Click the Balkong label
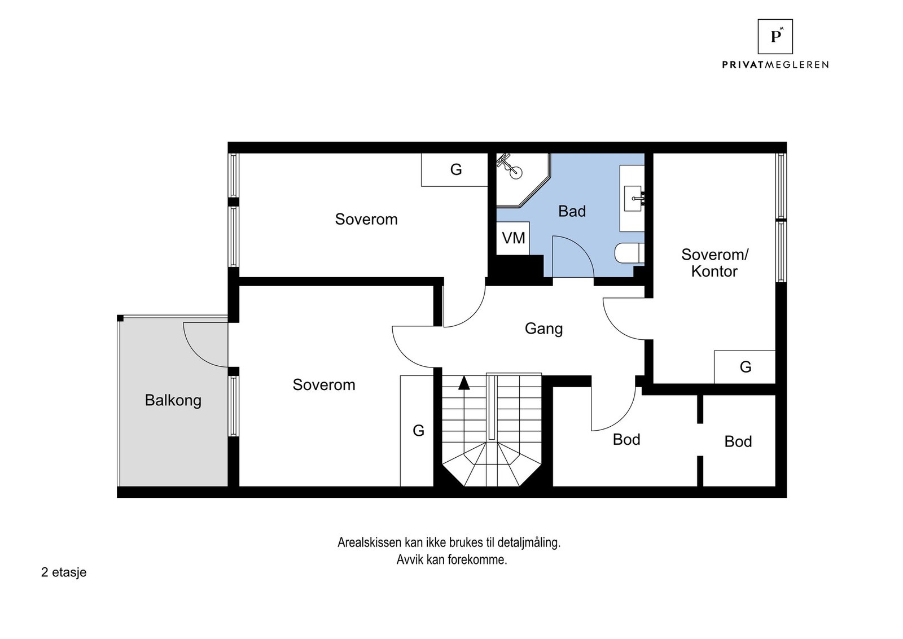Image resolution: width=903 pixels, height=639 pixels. pyautogui.click(x=173, y=400)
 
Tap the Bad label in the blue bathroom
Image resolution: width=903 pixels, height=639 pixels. pyautogui.click(x=572, y=211)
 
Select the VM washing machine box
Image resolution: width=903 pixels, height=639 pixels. pyautogui.click(x=513, y=238)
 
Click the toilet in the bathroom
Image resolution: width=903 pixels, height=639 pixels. pyautogui.click(x=628, y=253)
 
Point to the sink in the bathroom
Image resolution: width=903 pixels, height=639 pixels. pyautogui.click(x=633, y=198)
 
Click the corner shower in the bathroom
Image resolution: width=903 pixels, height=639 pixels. pyautogui.click(x=516, y=175)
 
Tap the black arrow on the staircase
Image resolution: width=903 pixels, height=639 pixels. pyautogui.click(x=464, y=383)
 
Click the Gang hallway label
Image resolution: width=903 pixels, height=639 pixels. pyautogui.click(x=543, y=328)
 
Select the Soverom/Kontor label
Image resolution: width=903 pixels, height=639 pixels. pyautogui.click(x=714, y=262)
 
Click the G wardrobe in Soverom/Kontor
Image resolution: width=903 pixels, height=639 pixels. pyautogui.click(x=745, y=367)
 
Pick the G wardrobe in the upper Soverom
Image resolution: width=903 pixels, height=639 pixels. pyautogui.click(x=455, y=169)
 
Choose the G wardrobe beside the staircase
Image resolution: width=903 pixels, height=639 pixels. pyautogui.click(x=418, y=431)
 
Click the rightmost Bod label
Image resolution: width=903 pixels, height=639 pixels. pyautogui.click(x=738, y=441)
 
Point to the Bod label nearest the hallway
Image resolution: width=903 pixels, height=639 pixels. pyautogui.click(x=626, y=439)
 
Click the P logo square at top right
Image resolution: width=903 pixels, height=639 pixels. pyautogui.click(x=775, y=37)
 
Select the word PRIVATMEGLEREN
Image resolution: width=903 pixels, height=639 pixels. pyautogui.click(x=775, y=65)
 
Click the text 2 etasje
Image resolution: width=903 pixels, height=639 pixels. pyautogui.click(x=64, y=572)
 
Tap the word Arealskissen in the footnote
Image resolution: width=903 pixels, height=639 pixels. pyautogui.click(x=369, y=542)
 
